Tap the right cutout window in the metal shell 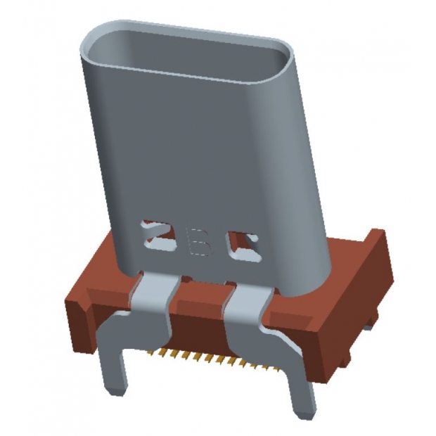click(x=241, y=242)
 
